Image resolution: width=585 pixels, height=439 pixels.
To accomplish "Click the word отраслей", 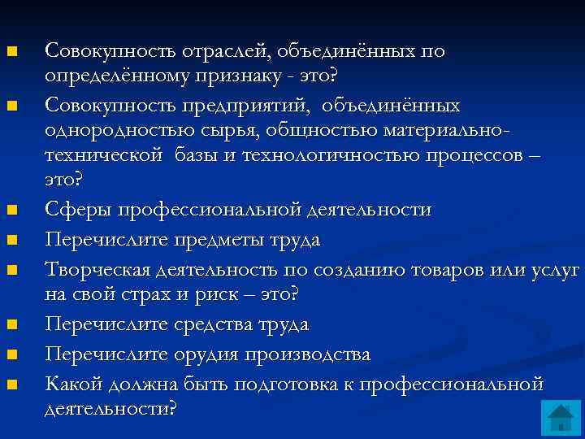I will [x=219, y=51].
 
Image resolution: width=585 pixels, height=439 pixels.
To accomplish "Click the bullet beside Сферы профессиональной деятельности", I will [x=11, y=211].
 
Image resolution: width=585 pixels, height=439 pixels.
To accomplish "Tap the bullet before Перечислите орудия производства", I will [x=11, y=355].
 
